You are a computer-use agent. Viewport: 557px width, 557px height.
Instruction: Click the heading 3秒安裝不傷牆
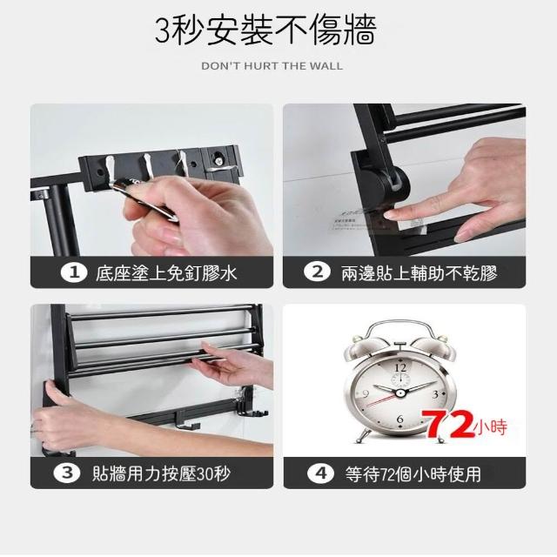tap(265, 30)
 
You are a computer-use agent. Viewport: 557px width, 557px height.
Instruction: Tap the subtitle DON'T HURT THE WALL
tap(272, 66)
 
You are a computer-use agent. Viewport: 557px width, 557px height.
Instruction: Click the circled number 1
tap(74, 272)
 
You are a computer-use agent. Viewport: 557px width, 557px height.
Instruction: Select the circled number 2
tap(317, 272)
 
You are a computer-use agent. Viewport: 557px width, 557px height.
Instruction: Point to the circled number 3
tap(67, 473)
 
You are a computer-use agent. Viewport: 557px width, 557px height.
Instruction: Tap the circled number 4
tap(320, 473)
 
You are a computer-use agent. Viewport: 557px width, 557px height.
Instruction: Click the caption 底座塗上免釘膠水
tap(166, 273)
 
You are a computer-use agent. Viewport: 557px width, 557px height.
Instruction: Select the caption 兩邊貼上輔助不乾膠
tap(419, 272)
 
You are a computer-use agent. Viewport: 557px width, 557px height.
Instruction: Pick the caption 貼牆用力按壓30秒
tap(161, 473)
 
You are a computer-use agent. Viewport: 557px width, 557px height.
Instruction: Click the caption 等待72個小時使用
tap(413, 473)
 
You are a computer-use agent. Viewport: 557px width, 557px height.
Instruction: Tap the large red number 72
tap(450, 424)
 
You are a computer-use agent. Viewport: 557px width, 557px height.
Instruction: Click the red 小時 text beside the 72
tap(491, 427)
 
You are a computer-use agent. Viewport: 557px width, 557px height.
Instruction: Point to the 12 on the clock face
tap(400, 367)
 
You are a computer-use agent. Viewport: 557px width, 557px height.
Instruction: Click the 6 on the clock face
tap(400, 419)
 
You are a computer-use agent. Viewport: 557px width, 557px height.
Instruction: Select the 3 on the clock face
tap(435, 394)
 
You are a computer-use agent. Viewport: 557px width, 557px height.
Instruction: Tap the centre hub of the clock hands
tap(400, 393)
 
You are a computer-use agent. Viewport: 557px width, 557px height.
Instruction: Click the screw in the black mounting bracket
tap(218, 159)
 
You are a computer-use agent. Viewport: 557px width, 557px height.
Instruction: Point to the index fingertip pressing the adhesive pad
tap(391, 214)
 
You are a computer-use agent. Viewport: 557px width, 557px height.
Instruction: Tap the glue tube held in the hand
tap(145, 199)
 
